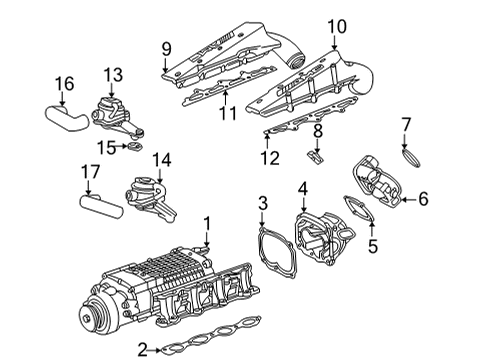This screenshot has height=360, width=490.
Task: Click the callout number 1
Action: (x=207, y=223)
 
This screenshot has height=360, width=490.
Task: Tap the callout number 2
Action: (x=143, y=350)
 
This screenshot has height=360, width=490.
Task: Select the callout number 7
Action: (x=406, y=125)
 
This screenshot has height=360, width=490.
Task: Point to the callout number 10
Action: (x=337, y=26)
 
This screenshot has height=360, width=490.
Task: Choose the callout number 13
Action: (x=113, y=75)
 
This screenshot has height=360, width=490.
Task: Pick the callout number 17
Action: (x=90, y=172)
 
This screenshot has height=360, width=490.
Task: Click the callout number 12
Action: (x=270, y=158)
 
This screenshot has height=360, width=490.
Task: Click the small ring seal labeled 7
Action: (x=411, y=158)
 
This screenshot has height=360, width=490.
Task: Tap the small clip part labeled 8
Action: (x=316, y=157)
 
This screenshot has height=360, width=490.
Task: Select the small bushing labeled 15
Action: (x=135, y=146)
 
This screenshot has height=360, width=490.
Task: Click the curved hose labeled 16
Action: (x=67, y=118)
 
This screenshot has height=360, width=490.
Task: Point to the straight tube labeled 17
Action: (x=101, y=207)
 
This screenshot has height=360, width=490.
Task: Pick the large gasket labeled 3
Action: (x=277, y=252)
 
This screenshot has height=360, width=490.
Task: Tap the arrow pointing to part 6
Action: (x=408, y=200)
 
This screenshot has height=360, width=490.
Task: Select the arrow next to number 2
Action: (x=155, y=350)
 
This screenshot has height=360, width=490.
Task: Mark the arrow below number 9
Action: (x=165, y=65)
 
